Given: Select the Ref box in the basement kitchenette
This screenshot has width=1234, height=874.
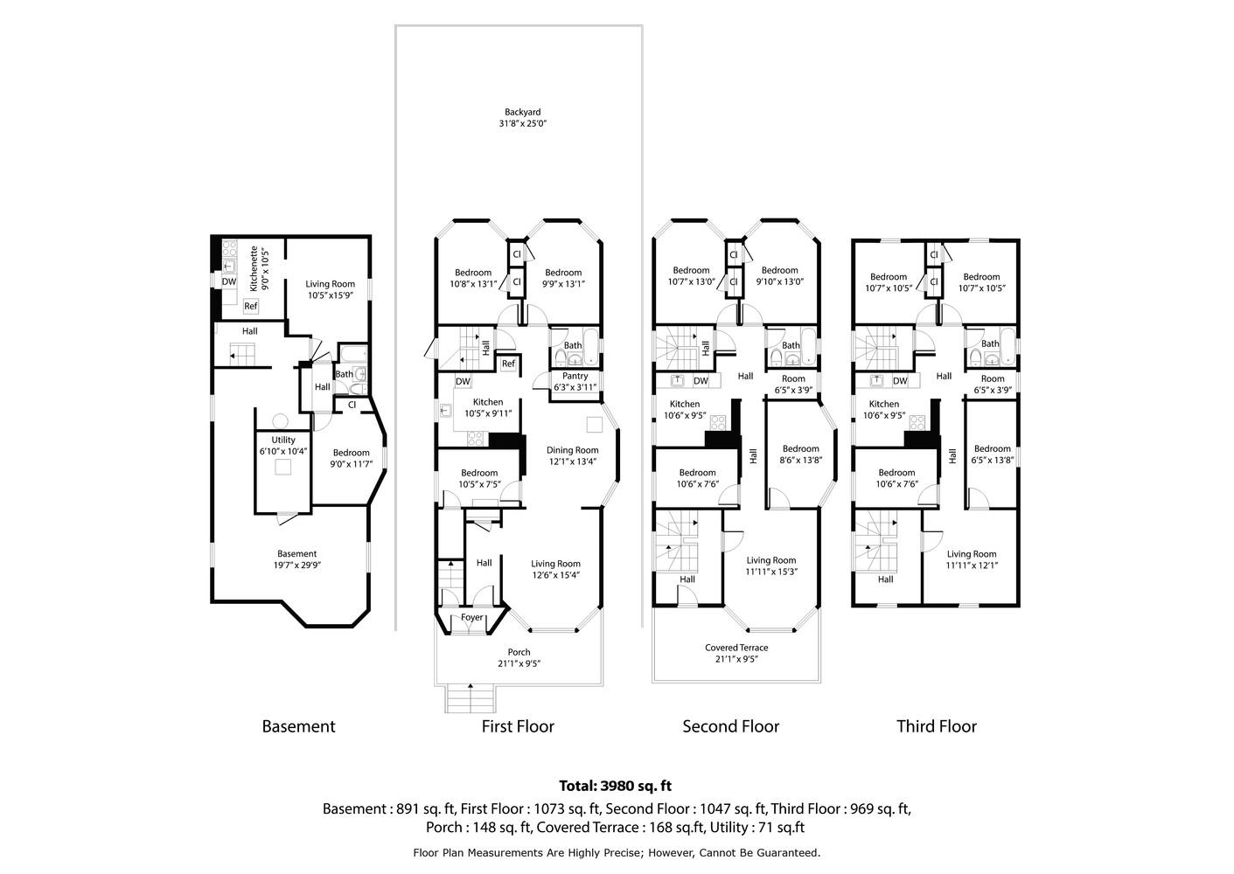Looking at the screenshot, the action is (x=251, y=306).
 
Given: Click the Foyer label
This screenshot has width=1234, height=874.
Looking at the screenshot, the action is (x=471, y=618).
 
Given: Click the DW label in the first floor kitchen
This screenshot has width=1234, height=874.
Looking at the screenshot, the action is (x=463, y=381).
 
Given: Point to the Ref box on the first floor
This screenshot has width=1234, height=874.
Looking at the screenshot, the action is (x=508, y=364).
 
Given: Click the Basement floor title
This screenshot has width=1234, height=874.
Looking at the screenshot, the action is (x=298, y=726).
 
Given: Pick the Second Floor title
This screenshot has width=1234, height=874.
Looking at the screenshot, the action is (x=731, y=726).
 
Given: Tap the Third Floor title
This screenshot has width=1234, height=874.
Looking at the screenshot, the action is (x=937, y=726).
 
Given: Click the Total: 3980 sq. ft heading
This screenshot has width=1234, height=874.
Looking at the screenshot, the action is (x=616, y=786).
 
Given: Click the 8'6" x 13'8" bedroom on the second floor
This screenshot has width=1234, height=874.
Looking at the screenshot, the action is (x=800, y=454).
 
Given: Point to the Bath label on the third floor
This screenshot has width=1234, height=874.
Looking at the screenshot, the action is (x=990, y=343).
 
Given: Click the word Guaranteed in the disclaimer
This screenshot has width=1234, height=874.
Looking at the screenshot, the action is (x=788, y=853).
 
